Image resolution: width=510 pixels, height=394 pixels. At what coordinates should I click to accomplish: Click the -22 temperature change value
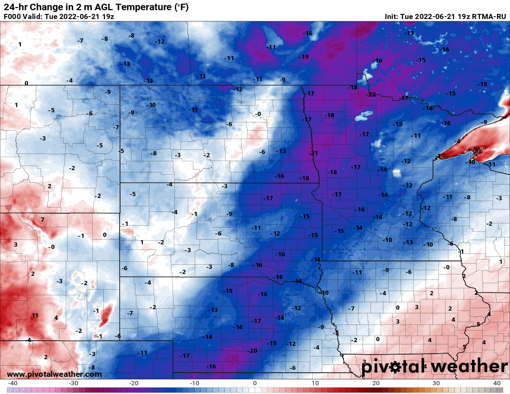pos(371,95)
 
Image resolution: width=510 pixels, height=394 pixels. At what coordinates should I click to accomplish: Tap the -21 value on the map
pos(313,153)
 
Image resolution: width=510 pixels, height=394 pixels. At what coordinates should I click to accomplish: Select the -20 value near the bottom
pos(253,351)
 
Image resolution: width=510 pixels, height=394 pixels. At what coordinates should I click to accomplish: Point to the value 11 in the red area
pos(35,316)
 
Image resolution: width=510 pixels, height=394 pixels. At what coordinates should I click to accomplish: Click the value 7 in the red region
pos(42,219)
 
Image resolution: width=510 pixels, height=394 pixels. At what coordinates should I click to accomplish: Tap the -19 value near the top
pos(304,57)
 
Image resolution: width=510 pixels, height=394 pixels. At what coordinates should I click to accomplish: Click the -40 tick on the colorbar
pos(13,383)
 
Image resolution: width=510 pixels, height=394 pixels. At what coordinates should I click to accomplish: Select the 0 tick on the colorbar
pos(255,383)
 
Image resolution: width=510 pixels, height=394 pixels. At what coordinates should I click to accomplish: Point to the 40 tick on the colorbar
pos(497,383)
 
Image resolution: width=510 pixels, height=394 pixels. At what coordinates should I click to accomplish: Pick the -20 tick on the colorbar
pos(134,383)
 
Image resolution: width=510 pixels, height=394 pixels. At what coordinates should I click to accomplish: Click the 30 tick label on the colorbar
pos(436,383)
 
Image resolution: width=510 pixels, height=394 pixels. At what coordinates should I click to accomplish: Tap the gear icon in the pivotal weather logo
pos(395,367)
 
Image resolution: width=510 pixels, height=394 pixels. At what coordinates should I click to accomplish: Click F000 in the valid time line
pos(13,16)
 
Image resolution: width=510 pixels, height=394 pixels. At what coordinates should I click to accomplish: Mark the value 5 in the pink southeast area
pos(478,324)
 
